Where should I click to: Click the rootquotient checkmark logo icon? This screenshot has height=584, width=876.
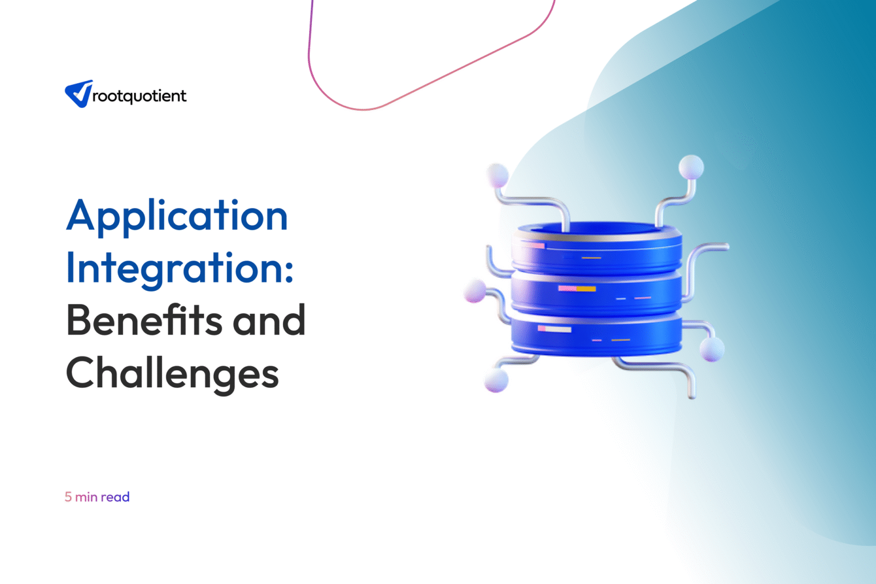[79, 94]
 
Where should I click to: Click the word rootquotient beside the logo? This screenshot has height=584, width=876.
[139, 96]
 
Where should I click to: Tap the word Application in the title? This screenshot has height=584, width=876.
[177, 217]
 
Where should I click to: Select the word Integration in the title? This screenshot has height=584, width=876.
[175, 268]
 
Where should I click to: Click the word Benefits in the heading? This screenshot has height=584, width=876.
[144, 321]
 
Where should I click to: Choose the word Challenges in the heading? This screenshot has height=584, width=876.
[172, 373]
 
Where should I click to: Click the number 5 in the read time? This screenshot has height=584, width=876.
[68, 497]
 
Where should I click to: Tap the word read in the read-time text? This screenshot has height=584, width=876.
[115, 497]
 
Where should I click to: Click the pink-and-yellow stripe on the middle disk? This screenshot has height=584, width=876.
[577, 289]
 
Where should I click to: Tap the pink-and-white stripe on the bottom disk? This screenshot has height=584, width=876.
[554, 329]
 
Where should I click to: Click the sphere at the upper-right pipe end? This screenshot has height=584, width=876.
[691, 168]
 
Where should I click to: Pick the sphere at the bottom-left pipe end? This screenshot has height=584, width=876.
[496, 380]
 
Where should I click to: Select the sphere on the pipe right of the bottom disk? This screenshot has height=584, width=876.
[712, 349]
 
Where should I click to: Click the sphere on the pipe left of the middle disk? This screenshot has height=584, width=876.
[475, 291]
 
